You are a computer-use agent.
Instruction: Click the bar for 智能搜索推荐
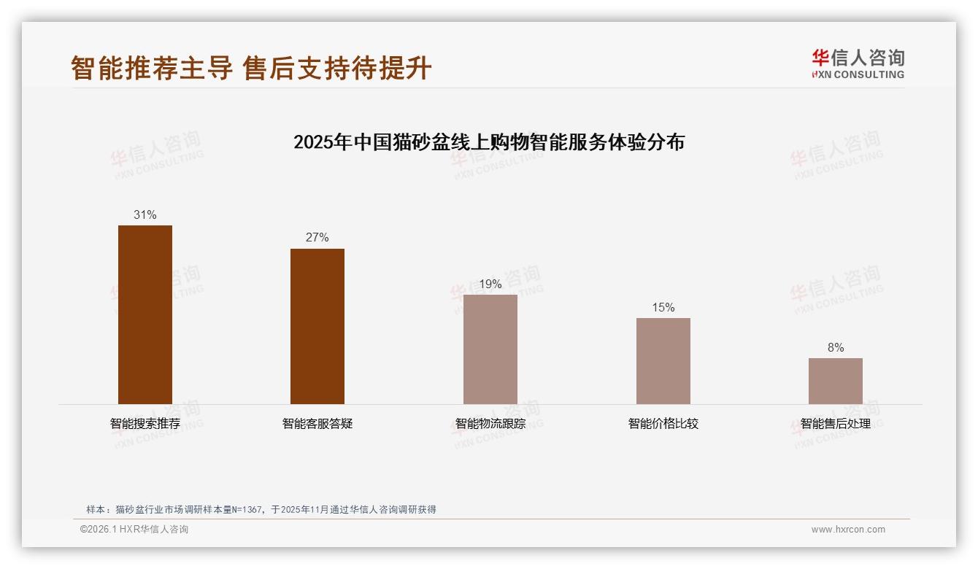[145, 314]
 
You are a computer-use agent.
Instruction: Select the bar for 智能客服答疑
[317, 326]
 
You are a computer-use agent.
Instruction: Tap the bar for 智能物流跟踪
[490, 349]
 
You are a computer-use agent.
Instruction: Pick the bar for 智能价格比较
[663, 361]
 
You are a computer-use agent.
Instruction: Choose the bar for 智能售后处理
[836, 381]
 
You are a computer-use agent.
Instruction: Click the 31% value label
[145, 215]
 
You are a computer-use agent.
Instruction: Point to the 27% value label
[317, 238]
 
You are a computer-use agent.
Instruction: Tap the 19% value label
[490, 284]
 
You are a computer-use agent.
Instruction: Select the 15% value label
[663, 308]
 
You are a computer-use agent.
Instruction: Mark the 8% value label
[836, 348]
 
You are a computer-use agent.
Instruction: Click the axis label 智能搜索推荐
[145, 424]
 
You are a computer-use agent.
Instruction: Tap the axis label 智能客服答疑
[317, 424]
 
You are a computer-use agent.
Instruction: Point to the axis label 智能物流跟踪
[490, 424]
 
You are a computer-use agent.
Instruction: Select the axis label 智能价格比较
[663, 424]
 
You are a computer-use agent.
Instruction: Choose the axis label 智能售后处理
[836, 424]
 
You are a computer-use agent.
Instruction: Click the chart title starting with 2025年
[489, 142]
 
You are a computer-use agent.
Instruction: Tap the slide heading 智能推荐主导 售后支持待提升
[251, 69]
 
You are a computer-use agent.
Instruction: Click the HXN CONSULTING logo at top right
[858, 64]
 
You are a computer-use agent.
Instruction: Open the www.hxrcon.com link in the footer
[848, 530]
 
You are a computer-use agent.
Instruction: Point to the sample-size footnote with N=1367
[261, 510]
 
